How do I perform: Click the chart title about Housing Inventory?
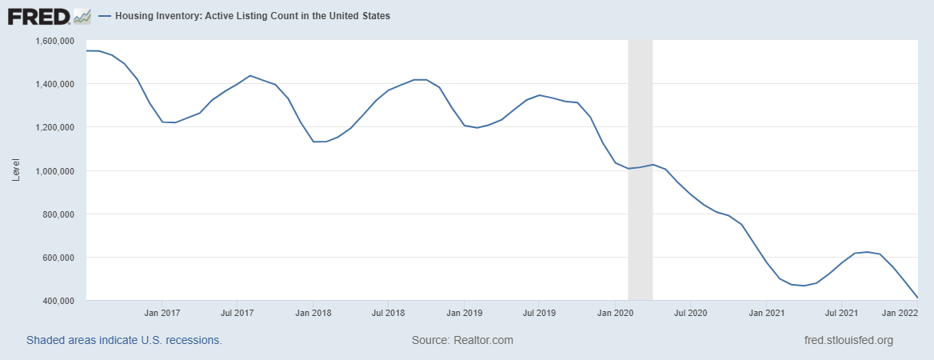(x=253, y=16)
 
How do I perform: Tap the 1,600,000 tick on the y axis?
(x=55, y=40)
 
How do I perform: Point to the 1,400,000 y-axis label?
(x=55, y=83)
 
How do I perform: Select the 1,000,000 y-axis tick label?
(x=55, y=170)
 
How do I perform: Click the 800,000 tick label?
(x=59, y=214)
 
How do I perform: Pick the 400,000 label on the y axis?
(x=59, y=301)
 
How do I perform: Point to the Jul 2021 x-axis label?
(x=841, y=313)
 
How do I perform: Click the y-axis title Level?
(x=16, y=170)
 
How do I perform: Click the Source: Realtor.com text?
(x=462, y=340)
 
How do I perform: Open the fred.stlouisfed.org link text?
(x=848, y=340)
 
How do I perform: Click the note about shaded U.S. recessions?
(x=124, y=340)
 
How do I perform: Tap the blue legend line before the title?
(x=105, y=16)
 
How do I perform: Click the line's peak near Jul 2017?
(x=250, y=75)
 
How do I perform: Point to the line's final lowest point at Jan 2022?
(x=916, y=298)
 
